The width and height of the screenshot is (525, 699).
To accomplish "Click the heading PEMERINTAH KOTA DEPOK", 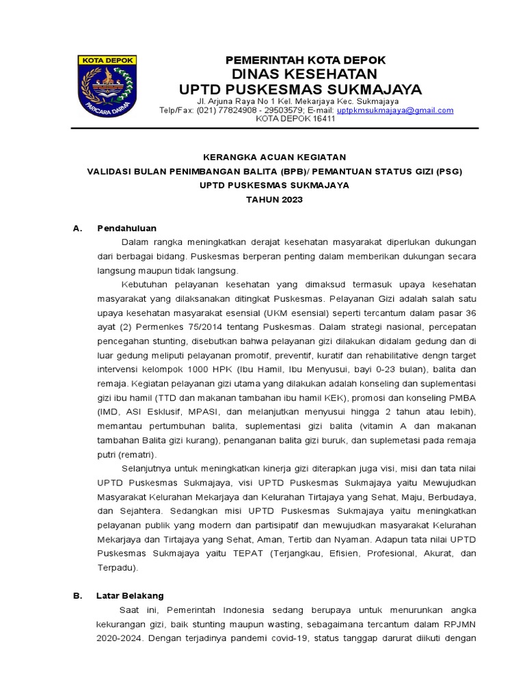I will [306, 60].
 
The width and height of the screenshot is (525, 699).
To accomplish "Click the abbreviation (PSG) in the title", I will [448, 171].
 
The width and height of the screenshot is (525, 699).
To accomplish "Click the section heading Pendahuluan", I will [126, 228].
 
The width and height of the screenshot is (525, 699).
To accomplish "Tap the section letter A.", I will [77, 228].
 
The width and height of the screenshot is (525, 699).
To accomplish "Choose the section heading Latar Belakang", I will [130, 595].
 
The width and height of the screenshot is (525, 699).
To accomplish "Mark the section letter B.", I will [77, 595].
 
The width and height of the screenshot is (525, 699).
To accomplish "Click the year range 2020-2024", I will [120, 639].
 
